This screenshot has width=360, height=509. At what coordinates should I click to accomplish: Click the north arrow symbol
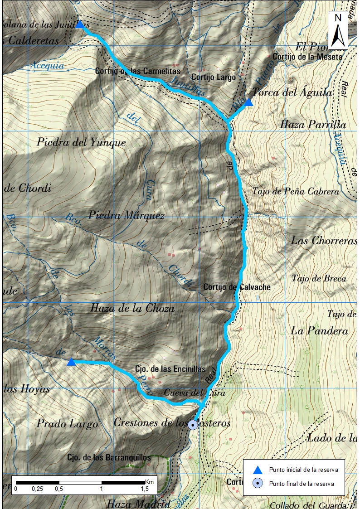tap(338, 31)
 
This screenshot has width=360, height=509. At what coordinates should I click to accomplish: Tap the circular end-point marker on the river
tap(193, 425)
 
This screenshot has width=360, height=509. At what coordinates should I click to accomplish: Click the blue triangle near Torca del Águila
tap(248, 103)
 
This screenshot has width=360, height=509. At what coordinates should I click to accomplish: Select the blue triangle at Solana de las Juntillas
tap(80, 24)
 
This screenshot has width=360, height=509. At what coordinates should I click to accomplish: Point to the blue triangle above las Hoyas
tap(71, 362)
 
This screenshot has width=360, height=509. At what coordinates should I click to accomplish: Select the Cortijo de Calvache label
tap(237, 287)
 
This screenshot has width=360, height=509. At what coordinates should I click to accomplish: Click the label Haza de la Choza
tap(132, 308)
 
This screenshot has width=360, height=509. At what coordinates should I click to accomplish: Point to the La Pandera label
tap(320, 331)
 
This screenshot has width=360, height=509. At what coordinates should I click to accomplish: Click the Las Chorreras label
tap(324, 240)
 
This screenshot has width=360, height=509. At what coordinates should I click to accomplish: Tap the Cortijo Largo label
tap(214, 77)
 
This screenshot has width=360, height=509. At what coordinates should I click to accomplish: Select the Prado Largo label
tap(67, 424)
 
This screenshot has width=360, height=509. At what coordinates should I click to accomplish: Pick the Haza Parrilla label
tap(313, 125)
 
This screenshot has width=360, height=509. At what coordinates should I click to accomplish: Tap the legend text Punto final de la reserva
tap(302, 484)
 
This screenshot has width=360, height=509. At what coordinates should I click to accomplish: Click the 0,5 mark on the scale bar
tap(58, 489)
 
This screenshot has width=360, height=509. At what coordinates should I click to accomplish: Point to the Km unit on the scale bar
tap(150, 482)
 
